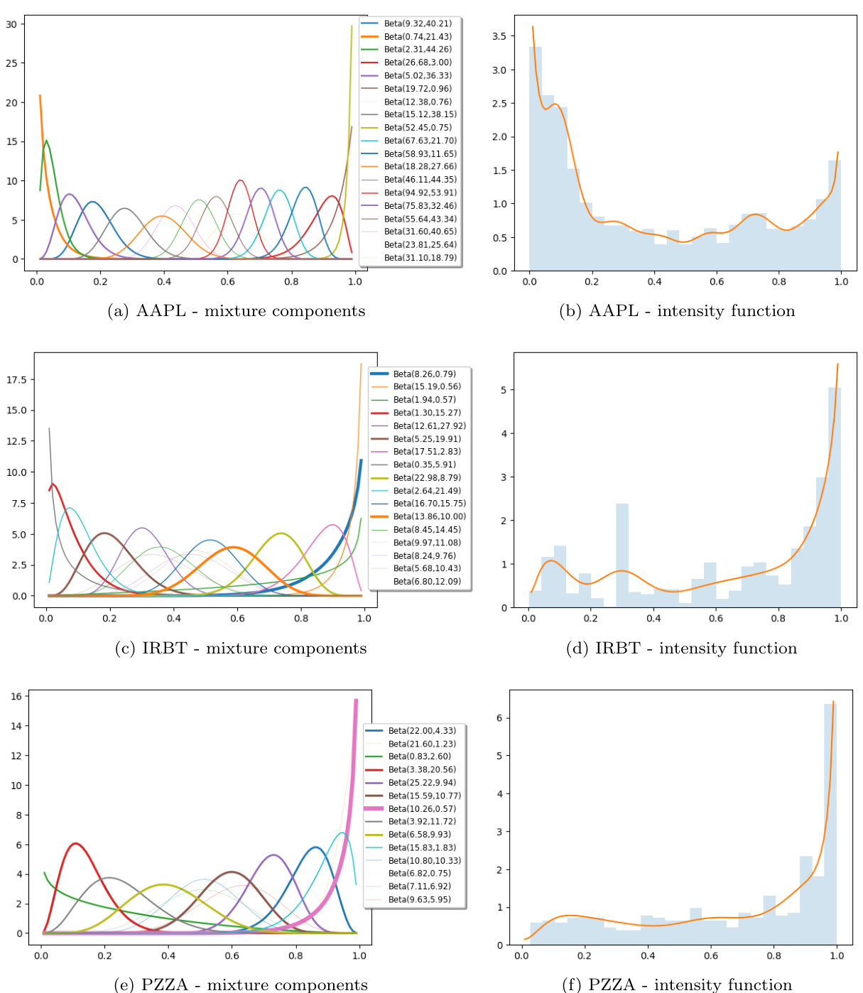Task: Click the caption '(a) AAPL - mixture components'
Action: pos(236,311)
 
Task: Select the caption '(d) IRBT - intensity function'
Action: pos(681,649)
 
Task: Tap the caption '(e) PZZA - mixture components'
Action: pos(241,984)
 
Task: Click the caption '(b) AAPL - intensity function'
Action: pos(677,311)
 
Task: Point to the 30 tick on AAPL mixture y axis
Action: pos(11,24)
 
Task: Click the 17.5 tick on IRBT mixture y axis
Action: pos(16,380)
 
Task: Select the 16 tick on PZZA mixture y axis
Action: pos(16,696)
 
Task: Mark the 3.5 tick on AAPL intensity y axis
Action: pos(499,36)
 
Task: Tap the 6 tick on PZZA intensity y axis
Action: pos(499,718)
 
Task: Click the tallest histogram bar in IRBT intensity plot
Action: pos(835,497)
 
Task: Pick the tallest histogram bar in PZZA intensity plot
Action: pos(830,824)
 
